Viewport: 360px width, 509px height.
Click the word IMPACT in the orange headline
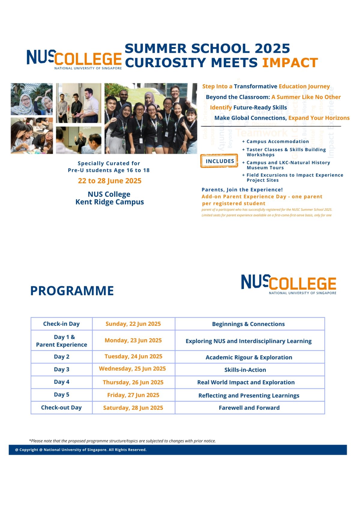tap(290, 63)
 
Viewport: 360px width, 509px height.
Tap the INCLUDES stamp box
tap(220, 161)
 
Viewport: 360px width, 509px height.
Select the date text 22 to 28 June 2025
tap(109, 181)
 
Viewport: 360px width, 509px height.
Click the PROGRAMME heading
tap(72, 291)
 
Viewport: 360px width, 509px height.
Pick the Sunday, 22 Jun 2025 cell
tap(133, 324)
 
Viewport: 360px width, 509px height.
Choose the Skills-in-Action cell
tap(245, 370)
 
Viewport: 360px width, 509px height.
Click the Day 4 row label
tap(61, 382)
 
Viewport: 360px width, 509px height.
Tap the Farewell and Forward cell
tap(249, 408)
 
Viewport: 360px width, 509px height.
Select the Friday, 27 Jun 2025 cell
tap(133, 395)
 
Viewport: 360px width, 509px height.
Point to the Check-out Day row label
tap(61, 408)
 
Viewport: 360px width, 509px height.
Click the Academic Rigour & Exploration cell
tap(249, 357)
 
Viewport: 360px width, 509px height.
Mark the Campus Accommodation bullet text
tap(277, 142)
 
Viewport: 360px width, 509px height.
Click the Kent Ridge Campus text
tap(109, 202)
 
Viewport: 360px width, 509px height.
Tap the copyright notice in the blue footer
tap(81, 450)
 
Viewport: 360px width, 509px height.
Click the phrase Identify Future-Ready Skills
tap(248, 107)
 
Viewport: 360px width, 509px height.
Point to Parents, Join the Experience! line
tap(242, 190)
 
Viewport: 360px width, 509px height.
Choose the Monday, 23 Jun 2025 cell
tap(133, 340)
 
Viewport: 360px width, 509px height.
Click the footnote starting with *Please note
tap(122, 441)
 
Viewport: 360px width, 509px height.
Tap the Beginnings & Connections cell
tap(248, 324)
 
